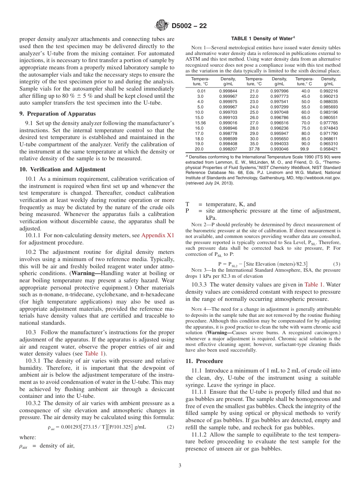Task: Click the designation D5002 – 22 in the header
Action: click(x=189, y=26)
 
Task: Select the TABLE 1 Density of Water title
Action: click(x=263, y=39)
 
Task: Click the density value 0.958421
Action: click(x=329, y=149)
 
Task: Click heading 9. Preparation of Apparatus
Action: click(x=58, y=113)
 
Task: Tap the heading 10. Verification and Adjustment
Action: click(x=62, y=169)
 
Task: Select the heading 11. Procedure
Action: click(x=204, y=361)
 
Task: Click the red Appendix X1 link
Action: click(x=158, y=235)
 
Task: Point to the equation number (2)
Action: click(x=171, y=427)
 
